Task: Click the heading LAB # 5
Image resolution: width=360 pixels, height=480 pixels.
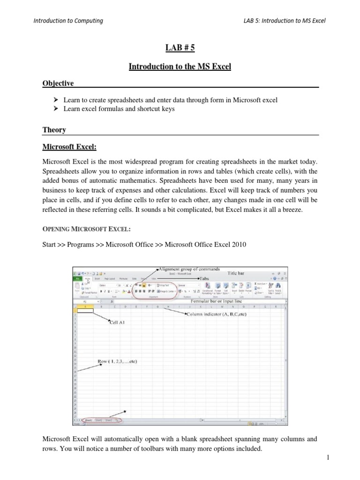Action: (180, 48)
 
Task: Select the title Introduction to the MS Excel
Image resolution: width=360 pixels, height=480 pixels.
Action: (180, 67)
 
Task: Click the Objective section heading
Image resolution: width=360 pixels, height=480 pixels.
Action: (59, 83)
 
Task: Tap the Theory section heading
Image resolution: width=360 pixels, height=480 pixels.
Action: (54, 130)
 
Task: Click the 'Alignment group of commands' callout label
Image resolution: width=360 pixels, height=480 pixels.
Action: (189, 269)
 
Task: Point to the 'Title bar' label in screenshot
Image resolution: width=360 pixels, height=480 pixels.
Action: (238, 272)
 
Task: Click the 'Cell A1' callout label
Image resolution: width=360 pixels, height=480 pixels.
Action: (117, 322)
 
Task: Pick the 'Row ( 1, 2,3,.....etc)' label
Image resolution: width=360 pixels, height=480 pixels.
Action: (117, 361)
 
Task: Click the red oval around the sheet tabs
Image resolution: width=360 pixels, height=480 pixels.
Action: (99, 420)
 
